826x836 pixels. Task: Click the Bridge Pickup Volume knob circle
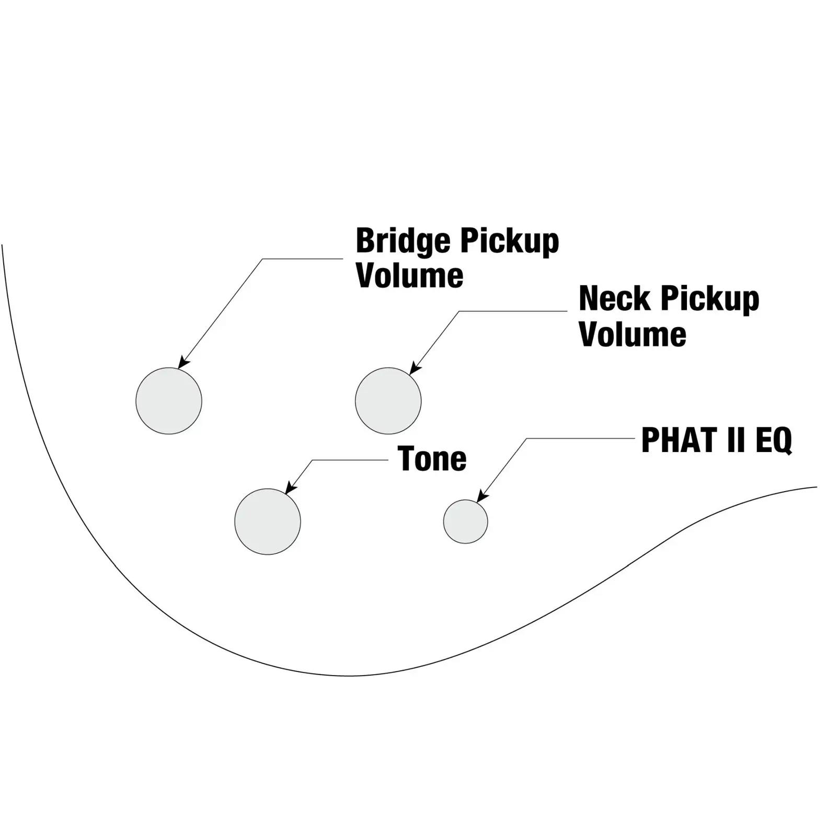click(168, 401)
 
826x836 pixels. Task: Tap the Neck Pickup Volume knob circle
click(388, 401)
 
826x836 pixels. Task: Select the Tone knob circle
click(267, 521)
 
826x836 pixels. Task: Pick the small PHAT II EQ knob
click(465, 521)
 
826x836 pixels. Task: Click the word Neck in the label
click(614, 299)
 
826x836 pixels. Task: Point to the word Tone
click(432, 459)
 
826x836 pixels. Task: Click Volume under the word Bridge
click(409, 275)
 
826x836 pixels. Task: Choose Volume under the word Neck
click(632, 334)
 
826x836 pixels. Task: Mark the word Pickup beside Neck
click(709, 300)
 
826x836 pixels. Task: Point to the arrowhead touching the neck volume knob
click(414, 369)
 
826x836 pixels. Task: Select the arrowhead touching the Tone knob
click(289, 489)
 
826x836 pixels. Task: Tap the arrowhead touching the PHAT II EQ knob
click(481, 497)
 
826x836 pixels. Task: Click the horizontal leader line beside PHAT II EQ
click(580, 438)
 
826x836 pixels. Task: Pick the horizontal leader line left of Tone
click(350, 460)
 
